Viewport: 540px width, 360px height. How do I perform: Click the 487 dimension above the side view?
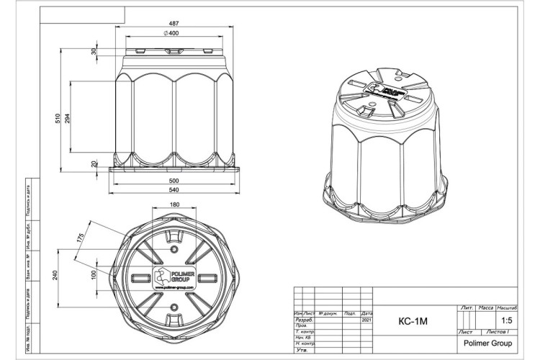click(172, 21)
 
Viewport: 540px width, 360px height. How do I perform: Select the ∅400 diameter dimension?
click(171, 34)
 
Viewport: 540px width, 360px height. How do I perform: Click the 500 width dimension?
click(174, 180)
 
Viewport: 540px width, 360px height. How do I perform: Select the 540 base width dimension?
click(173, 191)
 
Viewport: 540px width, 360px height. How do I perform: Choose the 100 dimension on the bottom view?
click(92, 275)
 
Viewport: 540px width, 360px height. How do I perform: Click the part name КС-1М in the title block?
click(413, 321)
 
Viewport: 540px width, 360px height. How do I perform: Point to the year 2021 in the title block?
click(366, 320)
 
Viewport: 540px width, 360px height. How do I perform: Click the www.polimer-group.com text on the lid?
click(174, 287)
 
